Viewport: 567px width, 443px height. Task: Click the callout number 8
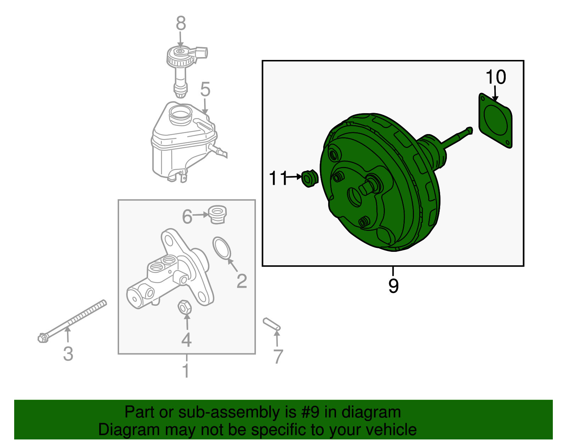tap(181, 23)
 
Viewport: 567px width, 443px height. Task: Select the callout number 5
tap(205, 89)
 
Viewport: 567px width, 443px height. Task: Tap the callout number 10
tap(495, 77)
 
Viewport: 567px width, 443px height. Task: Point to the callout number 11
tap(277, 178)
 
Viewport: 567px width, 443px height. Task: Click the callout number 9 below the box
tap(393, 286)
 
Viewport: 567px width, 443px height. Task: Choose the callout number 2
tap(242, 281)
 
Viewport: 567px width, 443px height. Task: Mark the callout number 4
tap(186, 340)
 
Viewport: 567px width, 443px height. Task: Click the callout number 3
tap(68, 354)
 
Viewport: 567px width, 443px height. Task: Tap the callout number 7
tap(278, 356)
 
